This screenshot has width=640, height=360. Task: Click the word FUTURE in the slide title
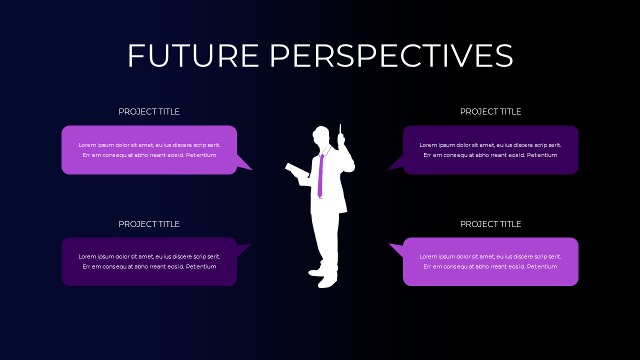tap(193, 55)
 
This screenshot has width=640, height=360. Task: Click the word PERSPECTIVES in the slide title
tap(391, 55)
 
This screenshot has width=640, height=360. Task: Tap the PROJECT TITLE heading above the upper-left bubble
tap(149, 111)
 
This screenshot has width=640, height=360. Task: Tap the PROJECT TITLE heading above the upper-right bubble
tap(490, 111)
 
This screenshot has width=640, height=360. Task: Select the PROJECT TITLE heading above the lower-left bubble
tap(149, 224)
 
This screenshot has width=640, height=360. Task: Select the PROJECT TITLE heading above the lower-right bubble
tap(490, 224)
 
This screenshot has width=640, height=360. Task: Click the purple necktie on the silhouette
tap(320, 175)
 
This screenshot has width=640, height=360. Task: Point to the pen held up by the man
tap(340, 129)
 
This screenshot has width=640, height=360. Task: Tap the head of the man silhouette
tap(321, 136)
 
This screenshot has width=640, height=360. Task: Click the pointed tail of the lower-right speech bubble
tap(396, 248)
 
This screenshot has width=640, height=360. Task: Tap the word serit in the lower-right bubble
tap(554, 256)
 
